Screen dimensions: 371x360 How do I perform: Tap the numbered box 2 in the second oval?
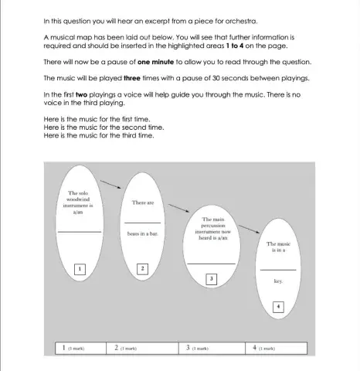coord(142,268)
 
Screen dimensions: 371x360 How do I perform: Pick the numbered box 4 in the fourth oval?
coord(278,307)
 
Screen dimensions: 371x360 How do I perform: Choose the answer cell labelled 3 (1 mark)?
coord(210,349)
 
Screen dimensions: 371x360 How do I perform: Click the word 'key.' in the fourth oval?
coord(278,282)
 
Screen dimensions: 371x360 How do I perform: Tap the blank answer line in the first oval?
coord(79,232)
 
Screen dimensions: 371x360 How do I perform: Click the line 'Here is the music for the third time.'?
coord(99,136)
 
